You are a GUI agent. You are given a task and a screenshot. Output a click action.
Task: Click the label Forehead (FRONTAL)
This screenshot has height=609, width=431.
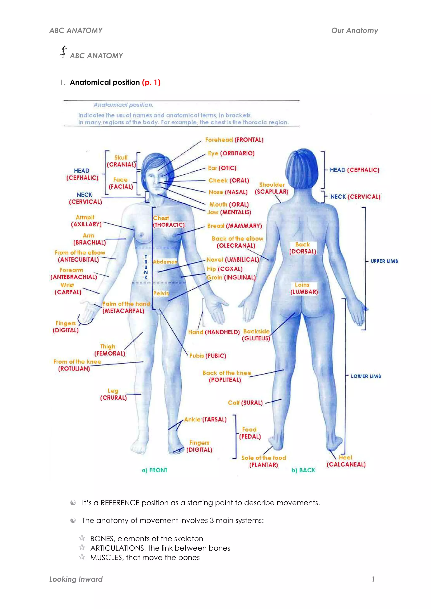coord(234,140)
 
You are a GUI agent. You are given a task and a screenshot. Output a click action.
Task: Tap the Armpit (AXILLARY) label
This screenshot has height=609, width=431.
coord(86,221)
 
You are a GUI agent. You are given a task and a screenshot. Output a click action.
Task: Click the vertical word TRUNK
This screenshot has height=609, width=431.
coord(146,267)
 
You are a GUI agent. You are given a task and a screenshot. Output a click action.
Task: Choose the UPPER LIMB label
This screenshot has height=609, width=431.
coord(384,261)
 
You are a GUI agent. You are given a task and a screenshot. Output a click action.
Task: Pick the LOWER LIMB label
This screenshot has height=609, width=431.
coord(366,376)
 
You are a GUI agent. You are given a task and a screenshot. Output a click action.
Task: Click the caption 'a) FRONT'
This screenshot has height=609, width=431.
coord(154,470)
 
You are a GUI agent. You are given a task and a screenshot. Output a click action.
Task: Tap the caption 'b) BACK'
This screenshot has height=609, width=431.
coord(303,470)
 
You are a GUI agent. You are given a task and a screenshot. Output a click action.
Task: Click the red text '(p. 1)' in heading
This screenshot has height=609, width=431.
coord(151,83)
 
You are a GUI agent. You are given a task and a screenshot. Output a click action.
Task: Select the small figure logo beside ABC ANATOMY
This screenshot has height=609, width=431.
coord(64,52)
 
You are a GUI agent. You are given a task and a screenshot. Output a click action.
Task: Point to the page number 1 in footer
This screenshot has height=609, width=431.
coord(373,579)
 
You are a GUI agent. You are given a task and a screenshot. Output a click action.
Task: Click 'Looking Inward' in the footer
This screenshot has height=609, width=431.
coord(76,579)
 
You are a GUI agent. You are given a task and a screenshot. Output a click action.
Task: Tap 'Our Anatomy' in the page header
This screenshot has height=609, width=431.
coord(355,30)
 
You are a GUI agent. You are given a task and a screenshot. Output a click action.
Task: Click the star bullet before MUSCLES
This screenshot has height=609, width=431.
coord(82,556)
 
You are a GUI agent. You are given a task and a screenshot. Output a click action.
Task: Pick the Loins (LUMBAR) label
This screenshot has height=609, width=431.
coord(303,288)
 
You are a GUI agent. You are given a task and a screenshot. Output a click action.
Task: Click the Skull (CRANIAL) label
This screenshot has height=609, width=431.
coord(121,161)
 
